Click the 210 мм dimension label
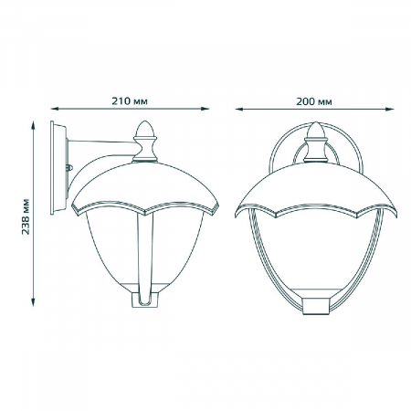click(x=130, y=101)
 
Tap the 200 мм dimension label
click(x=314, y=101)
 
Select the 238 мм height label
click(x=26, y=216)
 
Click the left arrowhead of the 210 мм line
click(x=55, y=109)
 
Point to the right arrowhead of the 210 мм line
click(x=205, y=109)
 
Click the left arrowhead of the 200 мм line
click(x=239, y=109)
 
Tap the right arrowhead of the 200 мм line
click(x=390, y=109)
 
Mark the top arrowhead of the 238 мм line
click(x=33, y=125)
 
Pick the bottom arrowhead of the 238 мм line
click(x=33, y=302)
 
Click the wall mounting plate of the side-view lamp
click(x=58, y=168)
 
